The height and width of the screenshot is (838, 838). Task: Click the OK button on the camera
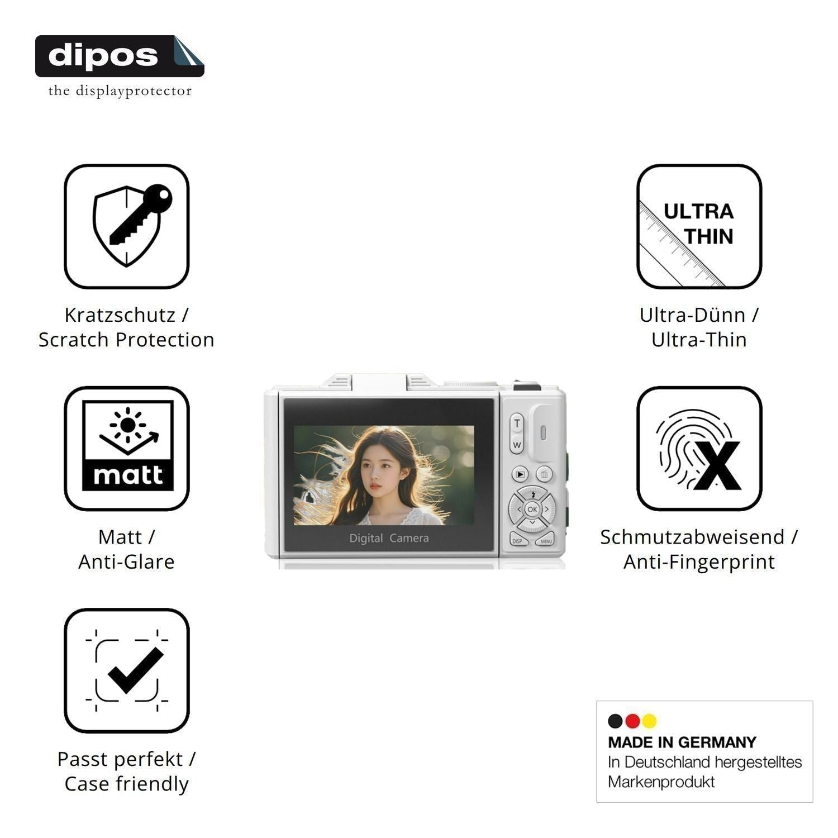[x=532, y=509]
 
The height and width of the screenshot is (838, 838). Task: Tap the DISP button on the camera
[x=518, y=540]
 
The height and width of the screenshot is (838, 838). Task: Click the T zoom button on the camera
[x=517, y=423]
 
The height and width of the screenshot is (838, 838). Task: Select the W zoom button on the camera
[x=517, y=445]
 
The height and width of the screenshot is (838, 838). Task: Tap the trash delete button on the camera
[x=544, y=474]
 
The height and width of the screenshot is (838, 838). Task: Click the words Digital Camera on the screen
[x=389, y=538]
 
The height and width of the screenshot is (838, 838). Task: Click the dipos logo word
[x=103, y=56]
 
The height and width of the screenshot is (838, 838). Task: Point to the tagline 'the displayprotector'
[x=120, y=91]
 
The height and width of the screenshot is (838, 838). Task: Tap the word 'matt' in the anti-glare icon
[x=128, y=475]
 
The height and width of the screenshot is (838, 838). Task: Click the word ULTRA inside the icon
[x=698, y=211]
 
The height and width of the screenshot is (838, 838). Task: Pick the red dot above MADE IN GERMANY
[x=632, y=721]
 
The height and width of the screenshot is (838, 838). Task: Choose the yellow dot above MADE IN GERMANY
[x=649, y=721]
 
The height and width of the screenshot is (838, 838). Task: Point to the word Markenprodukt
[x=661, y=782]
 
